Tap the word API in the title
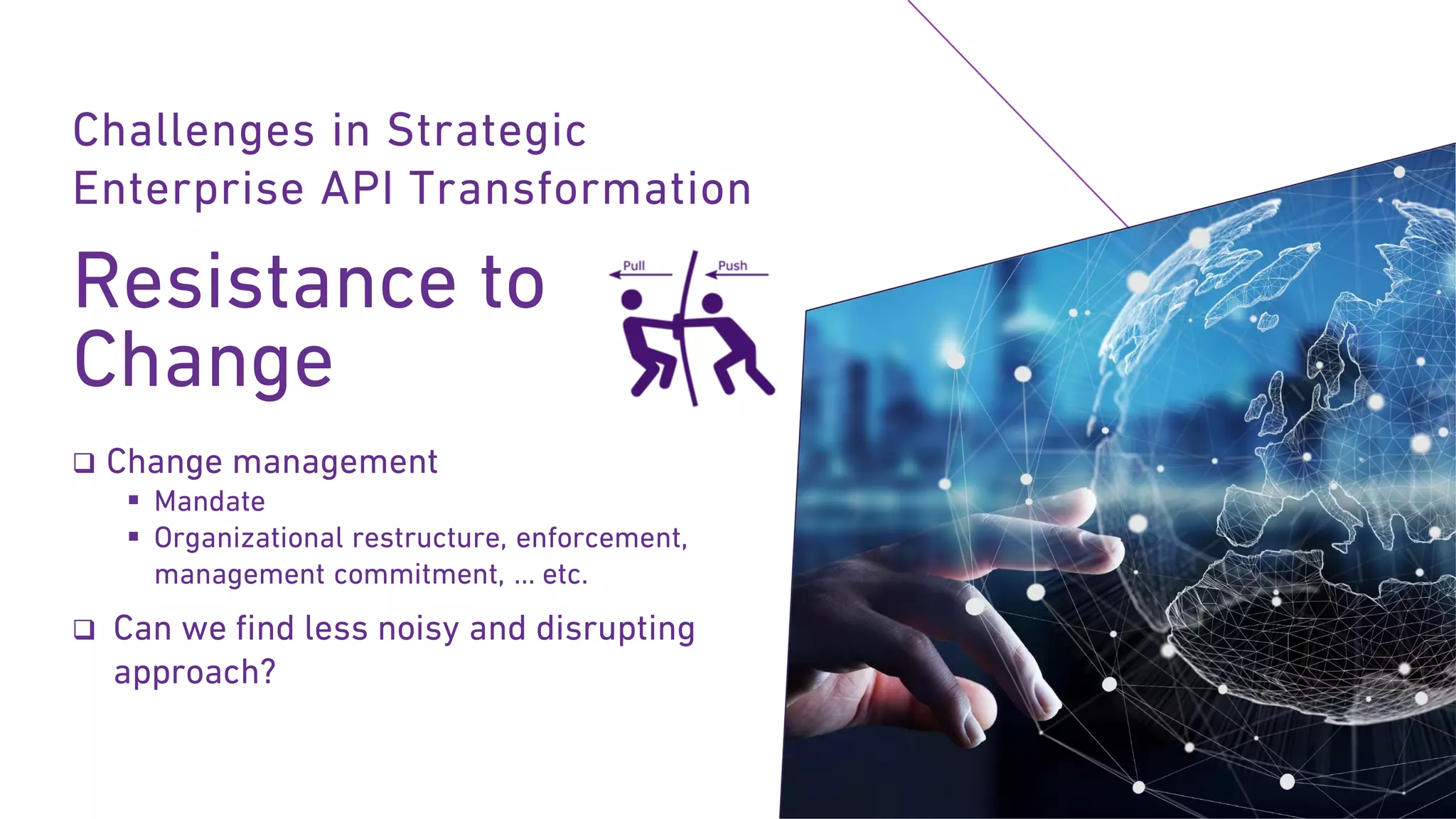pyautogui.click(x=356, y=189)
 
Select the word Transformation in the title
pyautogui.click(x=581, y=189)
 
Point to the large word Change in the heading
pyautogui.click(x=203, y=360)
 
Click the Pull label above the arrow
pyautogui.click(x=633, y=266)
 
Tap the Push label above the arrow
pyautogui.click(x=732, y=266)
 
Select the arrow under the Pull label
pyautogui.click(x=640, y=274)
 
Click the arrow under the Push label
pyautogui.click(x=737, y=274)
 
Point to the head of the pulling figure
pyautogui.click(x=631, y=299)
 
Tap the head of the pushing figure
pyautogui.click(x=712, y=304)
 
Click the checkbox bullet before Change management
pyautogui.click(x=84, y=464)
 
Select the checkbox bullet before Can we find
pyautogui.click(x=84, y=629)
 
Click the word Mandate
pyautogui.click(x=210, y=502)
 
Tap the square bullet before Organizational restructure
pyautogui.click(x=134, y=537)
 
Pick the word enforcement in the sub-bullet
pyautogui.click(x=601, y=538)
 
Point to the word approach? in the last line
pyautogui.click(x=194, y=673)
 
